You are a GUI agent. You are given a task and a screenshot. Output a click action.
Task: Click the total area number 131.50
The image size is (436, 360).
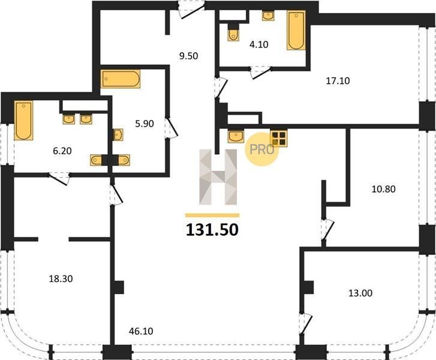tap(212, 230)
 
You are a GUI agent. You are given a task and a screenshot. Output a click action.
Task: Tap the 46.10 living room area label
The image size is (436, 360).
tap(141, 331)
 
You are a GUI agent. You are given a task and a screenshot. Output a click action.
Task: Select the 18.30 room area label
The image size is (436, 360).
tap(61, 278)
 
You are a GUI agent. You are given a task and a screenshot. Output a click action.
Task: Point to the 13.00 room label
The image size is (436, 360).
tap(360, 293)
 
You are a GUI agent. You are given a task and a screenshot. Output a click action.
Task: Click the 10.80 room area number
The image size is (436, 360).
tap(383, 189)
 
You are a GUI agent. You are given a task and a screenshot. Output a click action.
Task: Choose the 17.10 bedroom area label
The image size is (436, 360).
tap(338, 80)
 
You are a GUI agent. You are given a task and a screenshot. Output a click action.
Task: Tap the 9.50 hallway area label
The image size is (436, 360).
tap(188, 56)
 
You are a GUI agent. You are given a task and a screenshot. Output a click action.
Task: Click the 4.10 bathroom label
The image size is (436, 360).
tap(259, 44)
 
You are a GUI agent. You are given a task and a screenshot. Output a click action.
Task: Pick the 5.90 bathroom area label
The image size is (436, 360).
tap(145, 124)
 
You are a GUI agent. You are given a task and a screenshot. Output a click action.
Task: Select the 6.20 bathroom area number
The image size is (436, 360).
tap(62, 151)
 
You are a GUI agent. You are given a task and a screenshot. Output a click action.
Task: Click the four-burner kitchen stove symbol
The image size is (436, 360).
tap(279, 138)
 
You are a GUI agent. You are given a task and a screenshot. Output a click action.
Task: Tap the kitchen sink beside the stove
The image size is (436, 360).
tap(236, 136)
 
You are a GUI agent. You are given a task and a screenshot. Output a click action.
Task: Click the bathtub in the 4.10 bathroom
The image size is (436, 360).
tap(296, 31)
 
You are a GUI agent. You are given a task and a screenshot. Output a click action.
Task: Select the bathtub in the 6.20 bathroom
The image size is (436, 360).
tap(23, 120)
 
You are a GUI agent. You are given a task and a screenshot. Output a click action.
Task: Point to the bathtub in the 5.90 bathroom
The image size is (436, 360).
tap(121, 79)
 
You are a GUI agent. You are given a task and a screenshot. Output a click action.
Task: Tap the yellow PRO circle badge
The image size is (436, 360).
tap(261, 149)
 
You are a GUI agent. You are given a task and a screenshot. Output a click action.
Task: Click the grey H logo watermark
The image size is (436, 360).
tap(218, 177)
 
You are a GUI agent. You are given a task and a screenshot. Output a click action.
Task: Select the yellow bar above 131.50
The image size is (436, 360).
tap(212, 215)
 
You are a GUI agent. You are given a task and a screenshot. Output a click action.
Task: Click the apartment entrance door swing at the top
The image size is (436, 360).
tap(192, 10)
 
